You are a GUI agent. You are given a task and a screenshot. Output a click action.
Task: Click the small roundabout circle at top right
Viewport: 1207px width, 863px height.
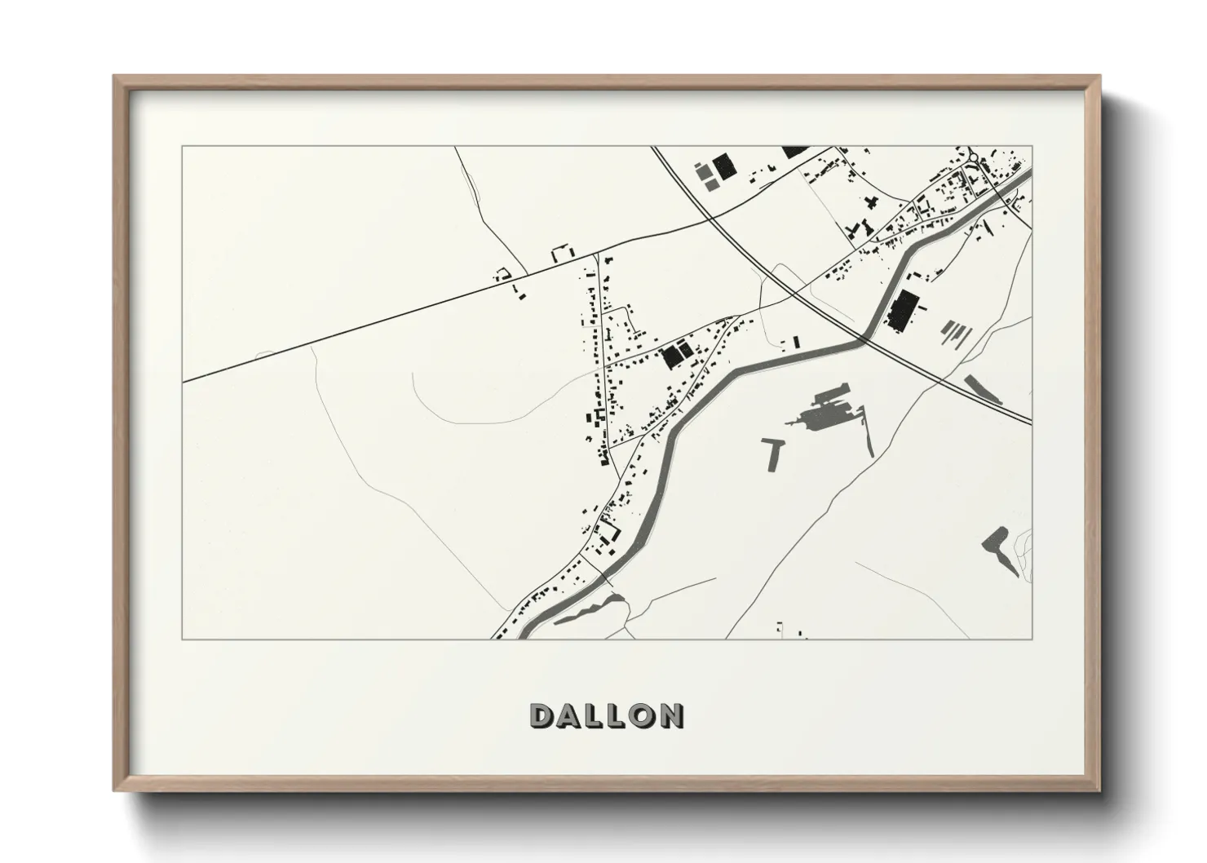pyautogui.click(x=973, y=157)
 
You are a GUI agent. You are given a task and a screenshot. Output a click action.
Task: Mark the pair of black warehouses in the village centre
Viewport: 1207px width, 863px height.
pyautogui.click(x=674, y=354)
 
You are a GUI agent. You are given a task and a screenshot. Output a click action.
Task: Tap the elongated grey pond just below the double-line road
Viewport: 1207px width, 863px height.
pyautogui.click(x=984, y=388)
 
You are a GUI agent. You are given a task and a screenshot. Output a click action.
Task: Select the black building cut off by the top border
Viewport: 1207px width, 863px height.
pyautogui.click(x=795, y=151)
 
